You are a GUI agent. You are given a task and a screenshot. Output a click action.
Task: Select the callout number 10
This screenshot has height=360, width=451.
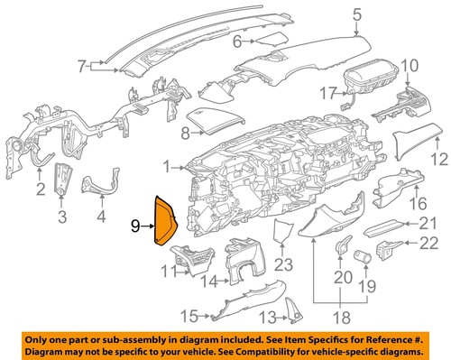[410, 65]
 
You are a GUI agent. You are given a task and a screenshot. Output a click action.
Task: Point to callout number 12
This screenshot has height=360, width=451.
[438, 160]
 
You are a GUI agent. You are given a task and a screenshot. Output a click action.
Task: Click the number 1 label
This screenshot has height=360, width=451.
[168, 166]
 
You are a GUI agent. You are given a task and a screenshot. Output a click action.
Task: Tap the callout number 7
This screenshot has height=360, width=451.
[83, 65]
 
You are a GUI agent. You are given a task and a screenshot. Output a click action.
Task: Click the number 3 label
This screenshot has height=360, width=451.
[62, 217]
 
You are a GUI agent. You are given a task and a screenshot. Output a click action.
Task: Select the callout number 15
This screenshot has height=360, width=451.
[188, 317]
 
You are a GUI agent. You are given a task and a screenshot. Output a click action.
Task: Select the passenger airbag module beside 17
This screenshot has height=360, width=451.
[370, 81]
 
